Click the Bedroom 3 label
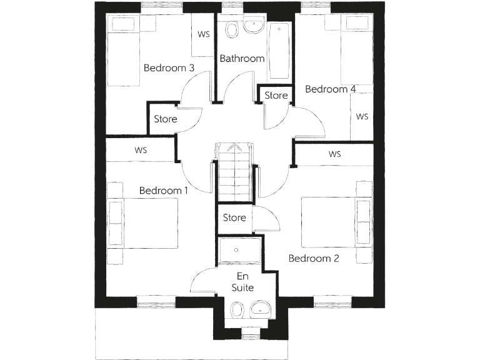click(x=169, y=67)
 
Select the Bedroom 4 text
click(x=330, y=89)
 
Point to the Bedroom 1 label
click(x=164, y=190)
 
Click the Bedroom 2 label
click(x=313, y=257)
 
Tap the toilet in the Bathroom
click(x=231, y=31)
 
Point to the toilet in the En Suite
click(x=237, y=310)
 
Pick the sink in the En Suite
click(x=259, y=308)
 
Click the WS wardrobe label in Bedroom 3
click(x=204, y=34)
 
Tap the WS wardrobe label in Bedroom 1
click(x=141, y=150)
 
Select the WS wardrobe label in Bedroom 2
click(x=334, y=154)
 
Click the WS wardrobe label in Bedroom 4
click(x=362, y=117)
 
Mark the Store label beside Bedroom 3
click(x=166, y=119)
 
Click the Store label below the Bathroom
click(x=276, y=96)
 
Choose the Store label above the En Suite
click(x=234, y=218)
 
